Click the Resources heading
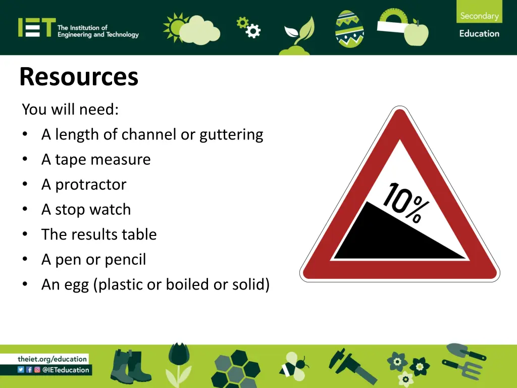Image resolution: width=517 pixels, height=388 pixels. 79,77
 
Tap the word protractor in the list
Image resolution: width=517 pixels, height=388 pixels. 90,184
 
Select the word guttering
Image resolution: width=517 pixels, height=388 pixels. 231,134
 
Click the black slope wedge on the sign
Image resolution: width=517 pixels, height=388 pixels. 384,237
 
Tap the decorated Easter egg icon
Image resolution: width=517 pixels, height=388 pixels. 349,29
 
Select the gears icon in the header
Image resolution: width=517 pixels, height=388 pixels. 249,27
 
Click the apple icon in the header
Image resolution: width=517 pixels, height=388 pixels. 416,33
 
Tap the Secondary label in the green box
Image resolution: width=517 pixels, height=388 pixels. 479,16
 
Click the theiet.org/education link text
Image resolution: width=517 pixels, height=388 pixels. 52,359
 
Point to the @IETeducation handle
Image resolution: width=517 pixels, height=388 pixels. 66,370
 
